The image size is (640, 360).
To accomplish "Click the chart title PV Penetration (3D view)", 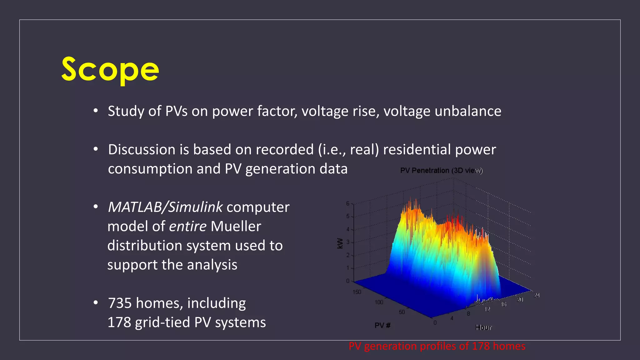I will click(x=441, y=171).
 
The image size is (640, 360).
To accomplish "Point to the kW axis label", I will click(x=340, y=243).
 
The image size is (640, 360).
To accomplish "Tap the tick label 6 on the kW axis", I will click(x=348, y=203).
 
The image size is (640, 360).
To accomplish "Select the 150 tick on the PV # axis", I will click(x=357, y=292).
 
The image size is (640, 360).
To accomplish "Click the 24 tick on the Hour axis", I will click(x=537, y=295).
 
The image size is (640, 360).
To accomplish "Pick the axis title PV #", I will click(x=382, y=325).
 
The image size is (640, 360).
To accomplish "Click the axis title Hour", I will click(x=483, y=327).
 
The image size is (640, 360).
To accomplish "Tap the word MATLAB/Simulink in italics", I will click(x=165, y=207).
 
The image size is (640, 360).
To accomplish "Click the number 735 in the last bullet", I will click(x=120, y=303).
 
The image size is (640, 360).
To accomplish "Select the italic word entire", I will click(x=187, y=226).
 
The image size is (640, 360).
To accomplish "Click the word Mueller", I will click(x=236, y=226).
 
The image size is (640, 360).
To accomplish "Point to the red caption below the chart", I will click(x=437, y=346).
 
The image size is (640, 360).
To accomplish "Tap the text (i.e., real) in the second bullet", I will click(x=348, y=149).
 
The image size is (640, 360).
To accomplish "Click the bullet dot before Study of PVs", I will click(x=96, y=111).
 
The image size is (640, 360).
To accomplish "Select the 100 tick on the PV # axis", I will click(x=379, y=302).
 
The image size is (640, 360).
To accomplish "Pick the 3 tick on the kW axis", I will click(x=348, y=242).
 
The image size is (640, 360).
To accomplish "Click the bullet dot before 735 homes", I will click(x=96, y=302).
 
